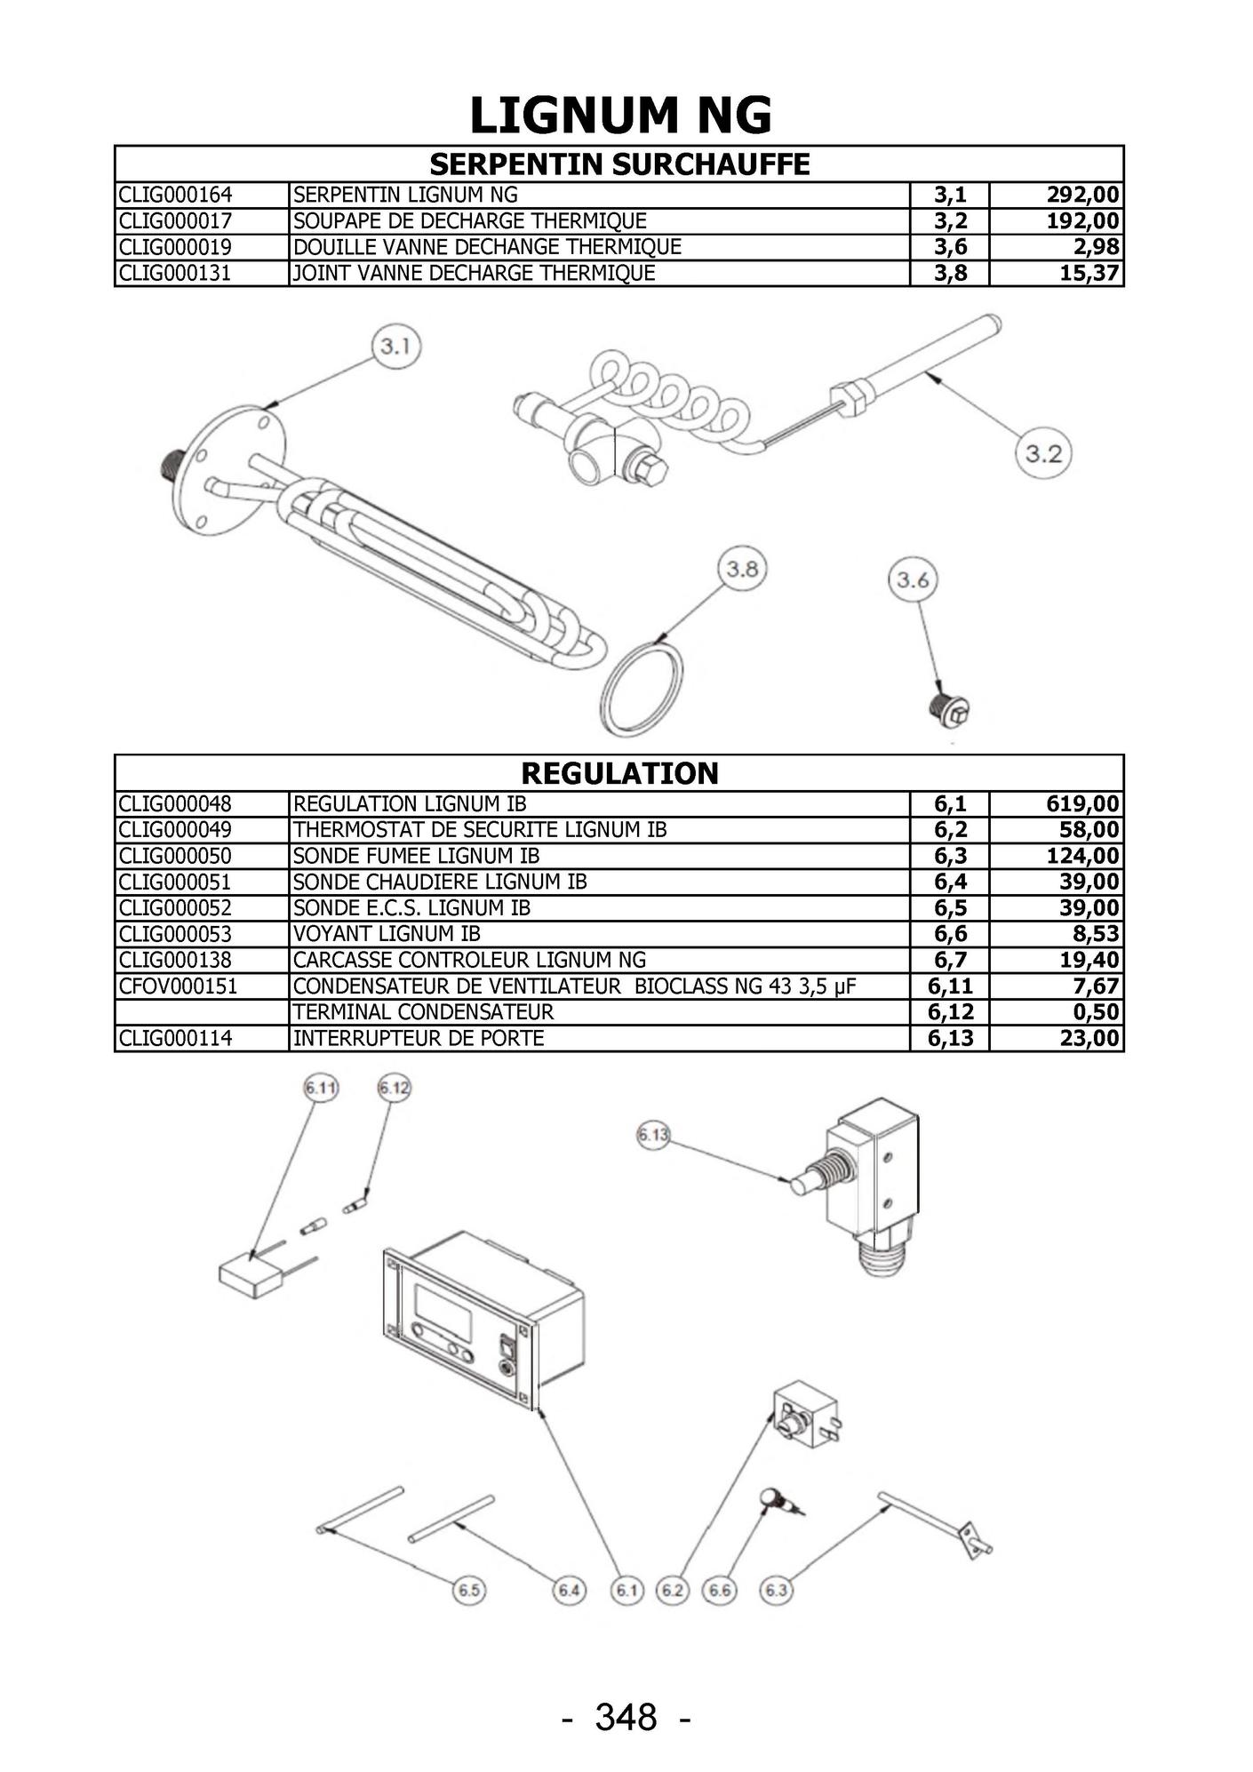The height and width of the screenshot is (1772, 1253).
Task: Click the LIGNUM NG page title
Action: click(620, 116)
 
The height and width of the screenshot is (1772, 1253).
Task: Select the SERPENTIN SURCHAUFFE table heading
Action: click(619, 164)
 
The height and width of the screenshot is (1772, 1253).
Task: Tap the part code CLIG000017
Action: click(175, 221)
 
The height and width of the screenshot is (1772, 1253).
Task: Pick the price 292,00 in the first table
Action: click(1082, 196)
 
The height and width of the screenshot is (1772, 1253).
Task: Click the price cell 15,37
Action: click(1089, 273)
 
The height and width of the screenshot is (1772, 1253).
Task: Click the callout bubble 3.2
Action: click(1043, 454)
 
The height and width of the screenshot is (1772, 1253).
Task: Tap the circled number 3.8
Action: click(742, 569)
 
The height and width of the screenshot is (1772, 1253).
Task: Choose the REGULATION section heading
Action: click(619, 773)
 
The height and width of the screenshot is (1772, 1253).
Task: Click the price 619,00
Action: click(1082, 804)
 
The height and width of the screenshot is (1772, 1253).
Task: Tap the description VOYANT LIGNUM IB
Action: click(387, 934)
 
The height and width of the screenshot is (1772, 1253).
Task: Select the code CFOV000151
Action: click(178, 986)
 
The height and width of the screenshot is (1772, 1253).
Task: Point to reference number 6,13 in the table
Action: click(950, 1038)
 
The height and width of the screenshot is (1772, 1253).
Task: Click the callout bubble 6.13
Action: click(653, 1135)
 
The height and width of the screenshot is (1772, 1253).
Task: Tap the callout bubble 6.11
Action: click(321, 1088)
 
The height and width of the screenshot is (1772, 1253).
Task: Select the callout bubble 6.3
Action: click(776, 1590)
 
